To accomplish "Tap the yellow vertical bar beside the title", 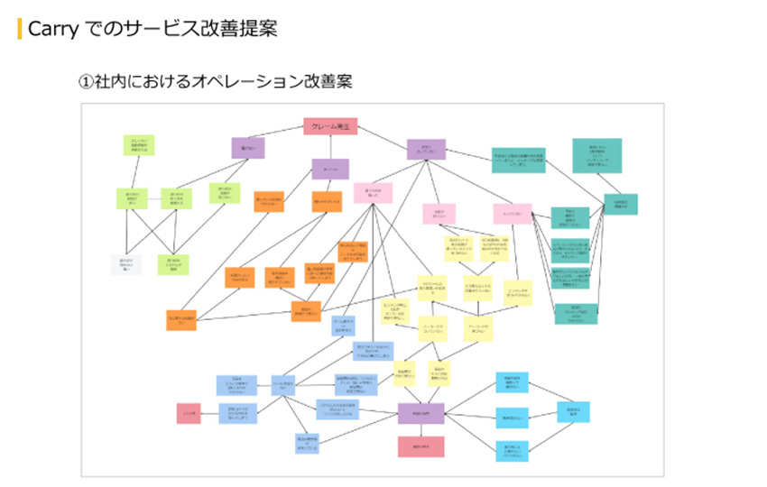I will click(x=20, y=29).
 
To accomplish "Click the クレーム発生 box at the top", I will click(x=330, y=127).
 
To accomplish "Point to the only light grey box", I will click(x=126, y=264).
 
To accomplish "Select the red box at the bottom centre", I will click(x=420, y=446).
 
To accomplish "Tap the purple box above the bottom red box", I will click(x=420, y=413).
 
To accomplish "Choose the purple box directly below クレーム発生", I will click(x=330, y=169).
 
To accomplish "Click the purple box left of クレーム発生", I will click(x=248, y=148).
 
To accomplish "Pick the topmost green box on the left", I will click(x=141, y=145).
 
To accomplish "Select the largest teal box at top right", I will click(x=596, y=156).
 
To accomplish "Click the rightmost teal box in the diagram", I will click(x=620, y=204).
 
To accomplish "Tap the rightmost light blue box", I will click(x=572, y=412).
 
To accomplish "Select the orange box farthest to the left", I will click(x=181, y=320).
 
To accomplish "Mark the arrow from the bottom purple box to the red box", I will click(x=420, y=430).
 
